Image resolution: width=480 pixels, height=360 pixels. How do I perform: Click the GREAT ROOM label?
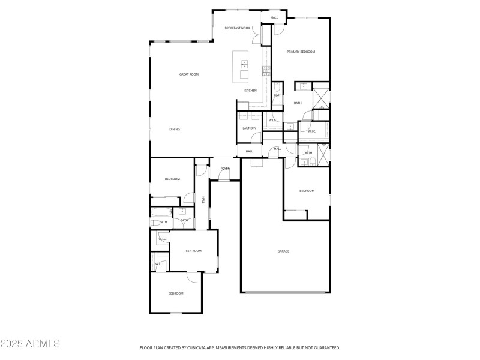(189, 74)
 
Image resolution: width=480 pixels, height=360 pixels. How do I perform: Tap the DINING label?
(174, 129)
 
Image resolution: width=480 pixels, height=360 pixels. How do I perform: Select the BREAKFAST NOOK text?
(237, 28)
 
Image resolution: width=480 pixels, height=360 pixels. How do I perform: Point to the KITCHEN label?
(250, 91)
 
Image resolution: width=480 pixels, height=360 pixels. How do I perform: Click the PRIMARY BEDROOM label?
(301, 52)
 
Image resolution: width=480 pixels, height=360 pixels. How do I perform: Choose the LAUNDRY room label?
(250, 128)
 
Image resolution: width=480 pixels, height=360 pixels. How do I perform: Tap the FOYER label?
(225, 169)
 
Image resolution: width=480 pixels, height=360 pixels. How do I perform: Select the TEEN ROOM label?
(193, 251)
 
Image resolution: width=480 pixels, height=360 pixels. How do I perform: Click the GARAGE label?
(283, 251)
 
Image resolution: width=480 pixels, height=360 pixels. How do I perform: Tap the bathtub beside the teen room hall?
(161, 212)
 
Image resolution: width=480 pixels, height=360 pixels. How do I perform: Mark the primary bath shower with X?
(321, 97)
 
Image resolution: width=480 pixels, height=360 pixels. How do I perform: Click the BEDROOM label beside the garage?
(307, 191)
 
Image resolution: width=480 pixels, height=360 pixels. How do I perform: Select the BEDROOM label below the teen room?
(175, 293)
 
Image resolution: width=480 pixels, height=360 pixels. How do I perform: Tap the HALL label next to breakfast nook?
(274, 17)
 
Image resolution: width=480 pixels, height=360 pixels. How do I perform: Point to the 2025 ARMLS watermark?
(30, 344)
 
